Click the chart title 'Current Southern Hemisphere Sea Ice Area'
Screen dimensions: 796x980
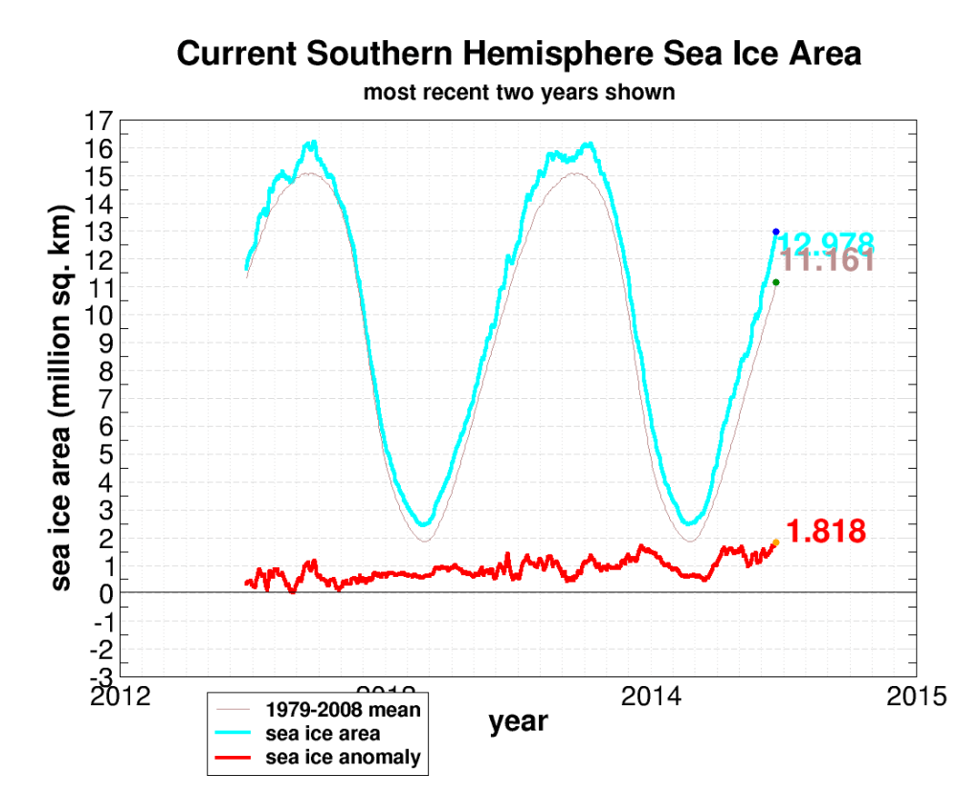click(x=519, y=55)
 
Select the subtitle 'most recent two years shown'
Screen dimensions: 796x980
click(x=519, y=93)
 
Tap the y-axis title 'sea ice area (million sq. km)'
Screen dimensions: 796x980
click(x=61, y=397)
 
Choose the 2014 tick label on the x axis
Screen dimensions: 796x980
click(x=652, y=695)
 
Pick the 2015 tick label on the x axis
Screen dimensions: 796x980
click(x=917, y=695)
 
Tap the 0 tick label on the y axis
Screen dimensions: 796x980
click(x=106, y=594)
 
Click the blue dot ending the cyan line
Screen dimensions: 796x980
click(x=775, y=232)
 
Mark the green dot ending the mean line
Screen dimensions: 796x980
click(x=775, y=282)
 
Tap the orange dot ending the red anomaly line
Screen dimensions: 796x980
click(x=775, y=542)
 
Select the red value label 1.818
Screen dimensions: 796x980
click(x=826, y=532)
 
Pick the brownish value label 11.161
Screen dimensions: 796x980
click(x=828, y=261)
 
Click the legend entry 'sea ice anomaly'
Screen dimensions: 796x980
click(x=343, y=758)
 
